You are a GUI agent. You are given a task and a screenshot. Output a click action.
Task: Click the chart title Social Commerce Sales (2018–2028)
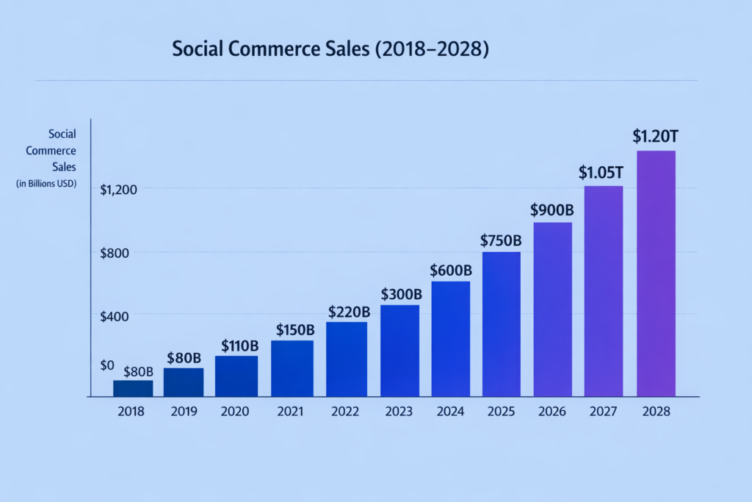[x=330, y=50]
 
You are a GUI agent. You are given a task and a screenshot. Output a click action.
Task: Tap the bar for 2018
[x=133, y=388]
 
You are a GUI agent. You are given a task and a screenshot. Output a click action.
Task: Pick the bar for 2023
[x=400, y=351]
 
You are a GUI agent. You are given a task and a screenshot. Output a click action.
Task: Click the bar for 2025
[x=502, y=324]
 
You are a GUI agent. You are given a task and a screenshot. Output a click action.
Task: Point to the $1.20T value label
[x=656, y=137]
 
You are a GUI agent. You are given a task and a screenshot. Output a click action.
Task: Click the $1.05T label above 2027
[x=601, y=173]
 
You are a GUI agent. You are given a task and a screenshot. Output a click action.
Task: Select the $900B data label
[x=552, y=210]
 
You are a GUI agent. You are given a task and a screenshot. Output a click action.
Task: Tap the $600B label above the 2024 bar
[x=451, y=270]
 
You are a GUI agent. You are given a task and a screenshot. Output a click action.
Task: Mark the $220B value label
[x=349, y=311]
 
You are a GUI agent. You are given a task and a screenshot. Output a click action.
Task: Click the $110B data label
[x=240, y=345]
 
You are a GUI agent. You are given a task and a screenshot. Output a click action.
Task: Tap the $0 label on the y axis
[x=107, y=365]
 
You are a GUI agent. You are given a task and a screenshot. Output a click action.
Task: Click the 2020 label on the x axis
[x=236, y=412]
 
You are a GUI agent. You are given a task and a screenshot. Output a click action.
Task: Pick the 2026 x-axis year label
[x=552, y=412]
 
